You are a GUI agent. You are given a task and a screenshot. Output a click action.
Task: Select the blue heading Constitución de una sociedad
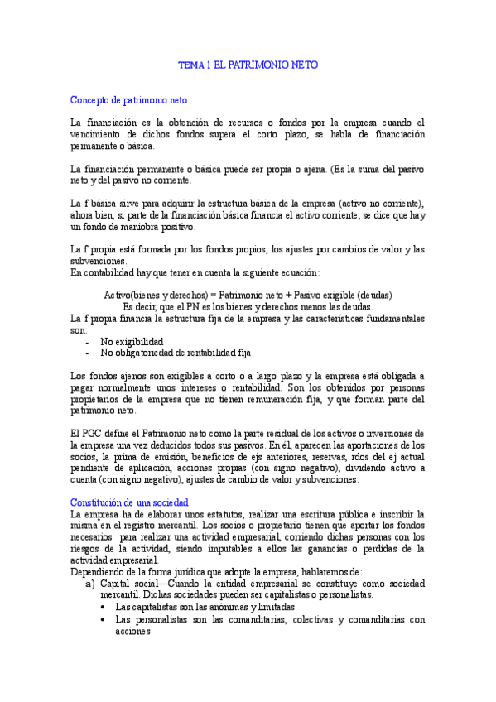(129, 502)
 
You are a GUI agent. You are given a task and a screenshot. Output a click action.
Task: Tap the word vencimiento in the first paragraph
(100, 134)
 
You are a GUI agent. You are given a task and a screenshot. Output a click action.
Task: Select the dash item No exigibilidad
(132, 341)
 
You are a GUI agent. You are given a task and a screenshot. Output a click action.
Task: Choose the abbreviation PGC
(98, 434)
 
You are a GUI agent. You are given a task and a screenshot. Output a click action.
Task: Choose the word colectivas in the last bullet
(293, 618)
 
